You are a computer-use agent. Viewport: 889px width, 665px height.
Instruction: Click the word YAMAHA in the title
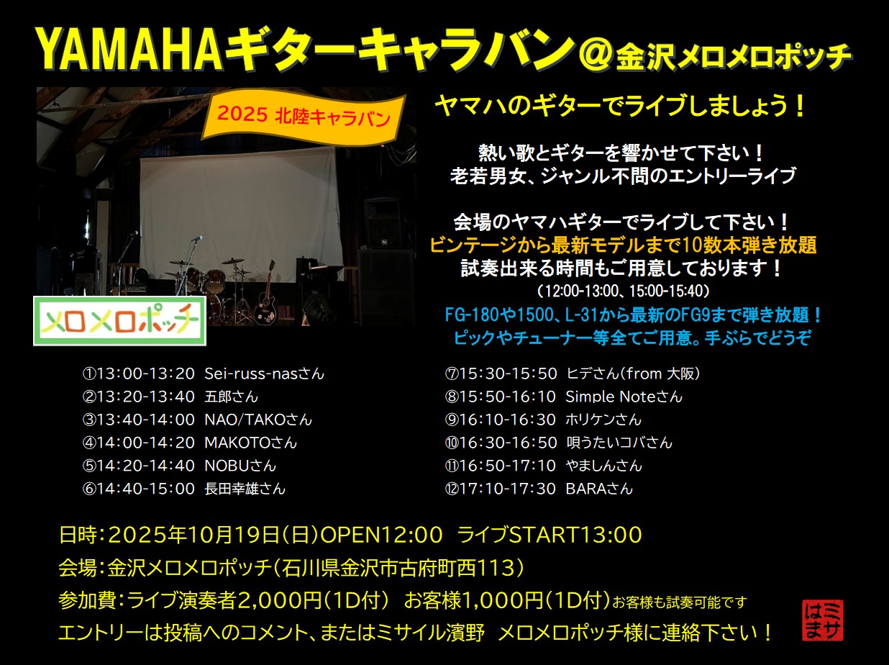point(129,50)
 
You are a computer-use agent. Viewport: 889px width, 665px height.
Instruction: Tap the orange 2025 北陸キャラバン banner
point(304,118)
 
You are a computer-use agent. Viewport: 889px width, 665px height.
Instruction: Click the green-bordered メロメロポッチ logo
point(120,321)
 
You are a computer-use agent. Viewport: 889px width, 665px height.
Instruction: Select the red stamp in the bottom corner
point(823,620)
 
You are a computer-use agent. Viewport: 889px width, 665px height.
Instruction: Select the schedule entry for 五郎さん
point(170,397)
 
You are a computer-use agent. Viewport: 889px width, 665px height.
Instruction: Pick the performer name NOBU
point(227,466)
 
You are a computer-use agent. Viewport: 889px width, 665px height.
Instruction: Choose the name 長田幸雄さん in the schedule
point(245,489)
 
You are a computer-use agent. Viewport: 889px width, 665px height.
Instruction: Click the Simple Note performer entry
point(563,397)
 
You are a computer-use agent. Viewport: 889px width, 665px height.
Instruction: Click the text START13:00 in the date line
point(575,535)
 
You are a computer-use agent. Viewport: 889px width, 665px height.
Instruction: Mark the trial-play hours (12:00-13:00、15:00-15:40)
point(623,291)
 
